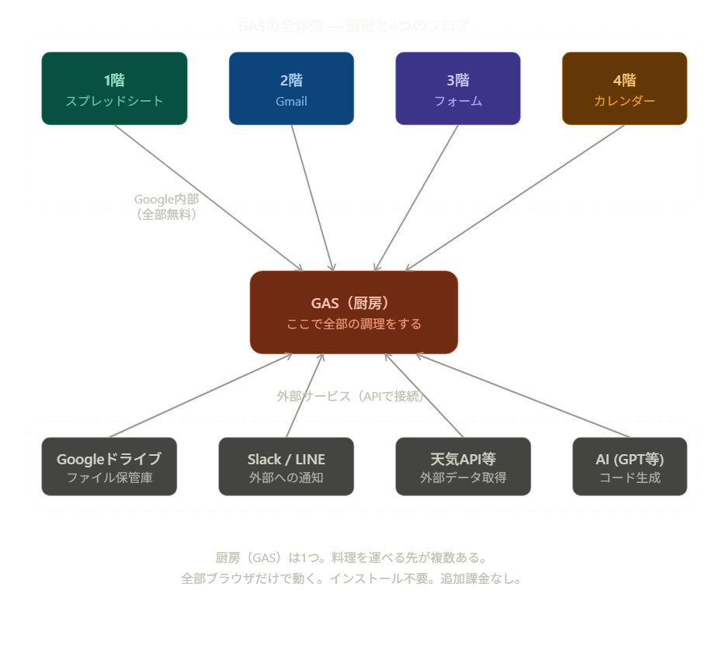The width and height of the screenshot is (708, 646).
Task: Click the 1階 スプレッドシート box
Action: tap(114, 89)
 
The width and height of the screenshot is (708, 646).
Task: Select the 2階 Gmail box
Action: tap(291, 89)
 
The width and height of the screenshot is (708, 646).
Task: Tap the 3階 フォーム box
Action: tap(458, 89)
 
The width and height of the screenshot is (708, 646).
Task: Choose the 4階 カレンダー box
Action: tap(624, 89)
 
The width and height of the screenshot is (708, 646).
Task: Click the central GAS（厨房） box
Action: tap(354, 312)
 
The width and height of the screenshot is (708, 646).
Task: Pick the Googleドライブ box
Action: tap(109, 466)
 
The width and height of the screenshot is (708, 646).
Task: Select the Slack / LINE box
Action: tap(286, 466)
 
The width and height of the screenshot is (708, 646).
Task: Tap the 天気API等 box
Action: tap(463, 466)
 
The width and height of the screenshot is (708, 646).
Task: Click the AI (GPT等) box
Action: tap(630, 466)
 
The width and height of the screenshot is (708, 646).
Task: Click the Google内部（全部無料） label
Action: tap(166, 207)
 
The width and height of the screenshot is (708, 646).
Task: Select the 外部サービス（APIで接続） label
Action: tap(350, 396)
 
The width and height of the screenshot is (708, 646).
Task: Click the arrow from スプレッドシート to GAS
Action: tap(208, 198)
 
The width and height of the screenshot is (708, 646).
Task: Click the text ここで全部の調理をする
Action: tap(354, 324)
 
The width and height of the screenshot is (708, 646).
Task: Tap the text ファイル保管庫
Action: tap(109, 478)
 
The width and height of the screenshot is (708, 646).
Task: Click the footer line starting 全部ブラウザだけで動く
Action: tap(350, 578)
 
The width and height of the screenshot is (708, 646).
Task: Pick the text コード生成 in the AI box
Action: tap(630, 478)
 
